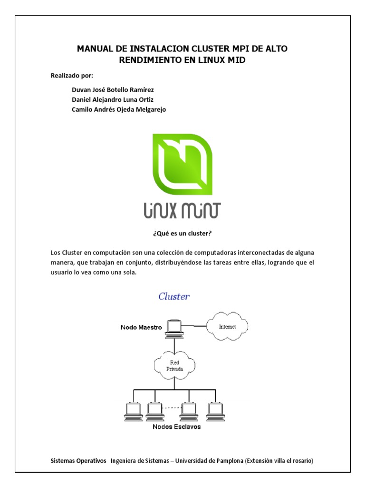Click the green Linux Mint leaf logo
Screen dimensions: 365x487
[x=182, y=164]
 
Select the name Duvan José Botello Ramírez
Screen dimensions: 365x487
[x=113, y=89]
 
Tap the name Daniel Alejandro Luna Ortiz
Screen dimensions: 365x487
[x=112, y=99]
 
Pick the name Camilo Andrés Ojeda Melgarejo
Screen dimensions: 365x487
[x=119, y=109]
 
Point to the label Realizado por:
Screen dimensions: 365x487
[x=72, y=76]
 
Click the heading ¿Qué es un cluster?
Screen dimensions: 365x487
[x=182, y=233]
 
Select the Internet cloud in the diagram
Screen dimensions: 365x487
[x=227, y=327]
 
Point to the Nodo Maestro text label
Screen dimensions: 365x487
[x=141, y=327]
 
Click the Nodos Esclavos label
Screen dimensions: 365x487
[x=176, y=427]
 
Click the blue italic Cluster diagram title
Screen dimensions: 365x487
[x=174, y=297]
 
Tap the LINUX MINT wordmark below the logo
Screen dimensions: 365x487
[x=182, y=211]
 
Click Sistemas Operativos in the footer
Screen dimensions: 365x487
[x=78, y=461]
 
